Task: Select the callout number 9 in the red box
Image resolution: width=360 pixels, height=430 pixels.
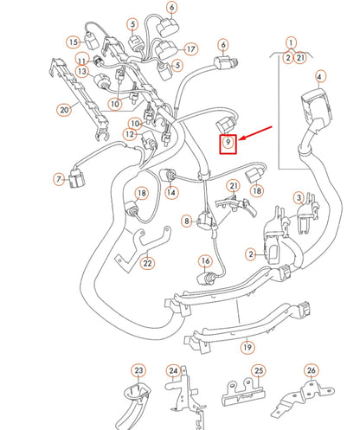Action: tap(227, 141)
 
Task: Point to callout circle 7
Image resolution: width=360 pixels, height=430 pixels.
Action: tap(59, 179)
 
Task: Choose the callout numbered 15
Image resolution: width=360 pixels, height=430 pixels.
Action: tap(74, 41)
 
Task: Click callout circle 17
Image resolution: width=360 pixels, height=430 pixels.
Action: tap(190, 48)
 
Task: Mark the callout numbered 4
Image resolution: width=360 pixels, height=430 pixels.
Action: tap(319, 77)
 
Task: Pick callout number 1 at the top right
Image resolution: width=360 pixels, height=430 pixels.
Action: tap(291, 42)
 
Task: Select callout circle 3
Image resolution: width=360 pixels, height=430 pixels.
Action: tap(299, 197)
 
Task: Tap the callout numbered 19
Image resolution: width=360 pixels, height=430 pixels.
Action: tap(247, 347)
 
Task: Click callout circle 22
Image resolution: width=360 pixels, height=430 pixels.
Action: tap(148, 263)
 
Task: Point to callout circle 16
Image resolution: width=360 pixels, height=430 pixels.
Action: tap(205, 260)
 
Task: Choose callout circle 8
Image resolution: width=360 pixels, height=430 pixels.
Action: tap(187, 221)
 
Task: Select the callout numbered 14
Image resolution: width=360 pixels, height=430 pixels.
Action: tap(171, 192)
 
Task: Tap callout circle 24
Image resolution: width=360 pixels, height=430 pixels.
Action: tap(173, 373)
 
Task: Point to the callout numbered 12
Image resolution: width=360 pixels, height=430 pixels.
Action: tap(129, 134)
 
